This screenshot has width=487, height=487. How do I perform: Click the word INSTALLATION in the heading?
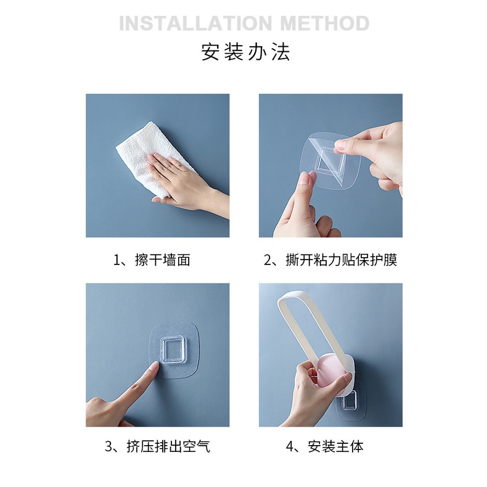[x=195, y=23]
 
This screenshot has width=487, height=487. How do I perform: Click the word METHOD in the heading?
[x=324, y=23]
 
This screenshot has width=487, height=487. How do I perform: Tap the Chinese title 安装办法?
[x=245, y=52]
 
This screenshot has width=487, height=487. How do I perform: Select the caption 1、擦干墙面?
[x=151, y=260]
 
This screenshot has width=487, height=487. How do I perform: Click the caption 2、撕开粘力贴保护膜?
[x=330, y=260]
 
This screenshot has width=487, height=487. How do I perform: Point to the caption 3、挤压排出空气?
[x=157, y=446]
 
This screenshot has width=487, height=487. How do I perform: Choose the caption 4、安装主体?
[x=324, y=446]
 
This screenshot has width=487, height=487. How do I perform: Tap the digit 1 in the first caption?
[x=116, y=260]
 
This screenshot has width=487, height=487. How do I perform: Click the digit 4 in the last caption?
[x=290, y=447]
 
